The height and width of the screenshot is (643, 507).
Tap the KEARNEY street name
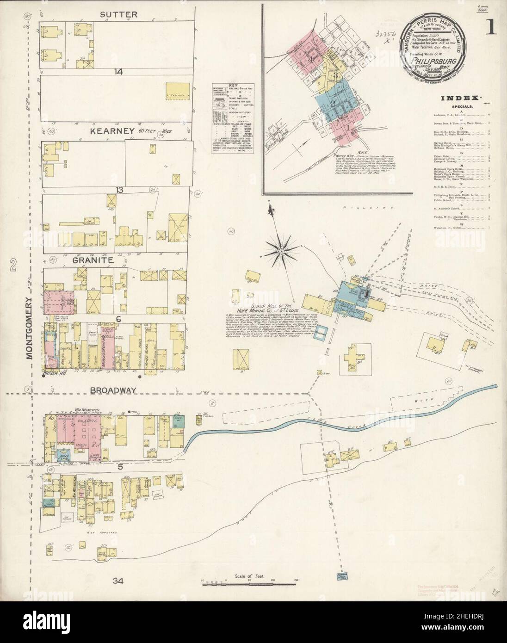click(x=109, y=131)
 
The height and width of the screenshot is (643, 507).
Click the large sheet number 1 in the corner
click(x=490, y=29)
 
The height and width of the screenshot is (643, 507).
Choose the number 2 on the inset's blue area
click(x=332, y=104)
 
